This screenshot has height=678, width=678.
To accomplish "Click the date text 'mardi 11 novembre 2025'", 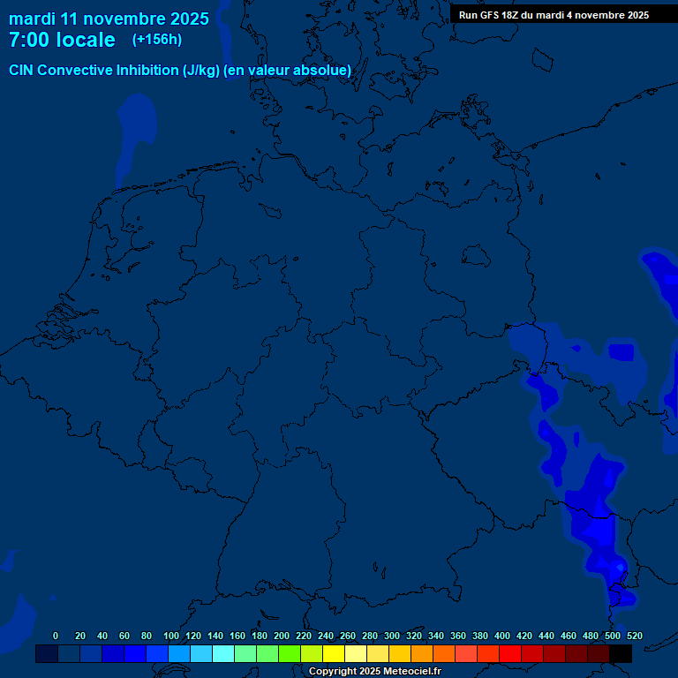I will [x=109, y=19].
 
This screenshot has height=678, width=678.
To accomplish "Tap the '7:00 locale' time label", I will [x=62, y=40].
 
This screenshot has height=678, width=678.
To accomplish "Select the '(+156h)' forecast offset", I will [x=157, y=40].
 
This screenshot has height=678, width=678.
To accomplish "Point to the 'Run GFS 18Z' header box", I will [x=554, y=14].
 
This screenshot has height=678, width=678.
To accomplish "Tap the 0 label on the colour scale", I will [x=56, y=637].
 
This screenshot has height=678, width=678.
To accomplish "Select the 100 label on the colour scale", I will [x=170, y=637].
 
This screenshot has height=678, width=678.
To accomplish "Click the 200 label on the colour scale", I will [x=282, y=637].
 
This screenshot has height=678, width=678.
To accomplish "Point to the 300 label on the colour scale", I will [x=392, y=637].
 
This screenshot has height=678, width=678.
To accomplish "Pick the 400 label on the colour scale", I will [x=502, y=637].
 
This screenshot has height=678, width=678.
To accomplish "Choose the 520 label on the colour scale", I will [x=634, y=637].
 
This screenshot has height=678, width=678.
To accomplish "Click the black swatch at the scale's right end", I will [x=621, y=653].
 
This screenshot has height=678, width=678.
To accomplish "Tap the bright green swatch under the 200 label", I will [x=290, y=653].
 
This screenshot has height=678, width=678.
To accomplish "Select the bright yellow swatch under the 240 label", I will [x=334, y=653].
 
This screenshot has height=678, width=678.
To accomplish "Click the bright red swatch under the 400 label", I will [x=510, y=653].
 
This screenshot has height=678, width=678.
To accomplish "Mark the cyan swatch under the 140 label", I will [x=223, y=653].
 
